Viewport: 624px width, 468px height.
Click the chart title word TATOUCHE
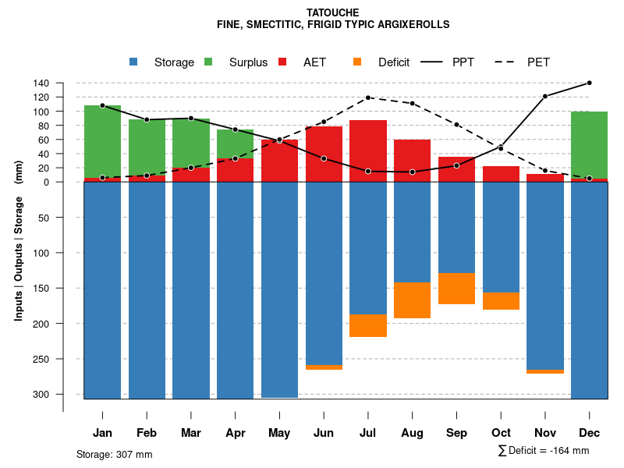pyautogui.click(x=333, y=13)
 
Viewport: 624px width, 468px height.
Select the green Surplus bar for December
pyautogui.click(x=589, y=145)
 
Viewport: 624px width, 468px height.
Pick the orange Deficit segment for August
pyautogui.click(x=413, y=300)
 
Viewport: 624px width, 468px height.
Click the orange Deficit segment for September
pyautogui.click(x=456, y=289)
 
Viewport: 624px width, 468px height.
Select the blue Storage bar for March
pyautogui.click(x=191, y=290)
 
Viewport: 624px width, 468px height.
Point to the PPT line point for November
pyautogui.click(x=545, y=96)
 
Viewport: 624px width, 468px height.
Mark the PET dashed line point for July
pyautogui.click(x=368, y=97)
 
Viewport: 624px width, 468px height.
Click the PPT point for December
pyautogui.click(x=589, y=83)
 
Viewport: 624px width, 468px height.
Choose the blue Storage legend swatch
pyautogui.click(x=134, y=62)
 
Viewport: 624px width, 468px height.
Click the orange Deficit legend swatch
pyautogui.click(x=358, y=62)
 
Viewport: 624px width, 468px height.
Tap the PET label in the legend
pyautogui.click(x=539, y=62)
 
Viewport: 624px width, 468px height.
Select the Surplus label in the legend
pyautogui.click(x=248, y=62)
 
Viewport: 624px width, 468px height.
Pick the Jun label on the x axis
pyautogui.click(x=324, y=433)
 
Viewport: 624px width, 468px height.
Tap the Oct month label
pyautogui.click(x=501, y=433)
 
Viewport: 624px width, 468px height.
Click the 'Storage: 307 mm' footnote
pyautogui.click(x=115, y=454)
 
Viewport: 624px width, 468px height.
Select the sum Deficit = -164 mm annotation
pyautogui.click(x=543, y=450)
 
